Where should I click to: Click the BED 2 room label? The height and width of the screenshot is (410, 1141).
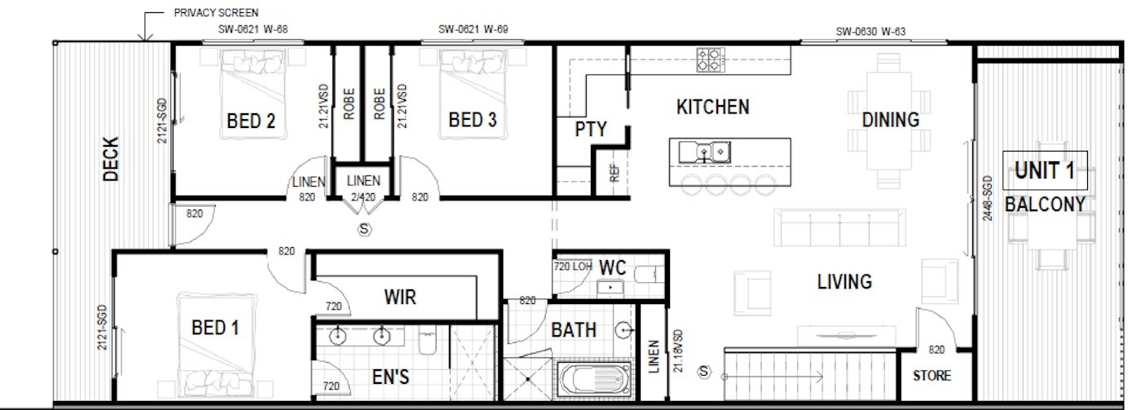(250, 121)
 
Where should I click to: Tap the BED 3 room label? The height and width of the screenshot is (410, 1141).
(473, 120)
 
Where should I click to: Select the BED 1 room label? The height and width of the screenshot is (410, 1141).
(214, 328)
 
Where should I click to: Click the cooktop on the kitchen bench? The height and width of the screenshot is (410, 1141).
(710, 59)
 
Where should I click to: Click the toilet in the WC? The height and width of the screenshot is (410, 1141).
(649, 272)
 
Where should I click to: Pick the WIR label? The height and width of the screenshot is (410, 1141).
(399, 298)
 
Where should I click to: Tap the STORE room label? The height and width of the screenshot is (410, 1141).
(931, 376)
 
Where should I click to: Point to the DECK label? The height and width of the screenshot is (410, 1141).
(112, 158)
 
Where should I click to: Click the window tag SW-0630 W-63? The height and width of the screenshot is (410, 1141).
(870, 33)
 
